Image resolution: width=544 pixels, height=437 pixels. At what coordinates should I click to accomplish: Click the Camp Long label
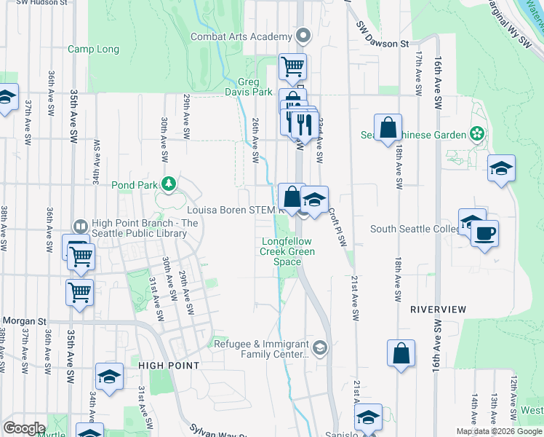pyautogui.click(x=93, y=50)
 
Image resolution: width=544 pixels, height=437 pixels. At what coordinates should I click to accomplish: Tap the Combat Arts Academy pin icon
pyautogui.click(x=303, y=36)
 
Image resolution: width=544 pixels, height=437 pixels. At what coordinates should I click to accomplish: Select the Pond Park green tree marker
pyautogui.click(x=169, y=184)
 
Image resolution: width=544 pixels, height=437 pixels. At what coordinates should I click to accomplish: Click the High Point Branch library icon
pyautogui.click(x=81, y=227)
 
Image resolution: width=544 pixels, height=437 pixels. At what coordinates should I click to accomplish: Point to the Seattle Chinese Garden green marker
pyautogui.click(x=476, y=134)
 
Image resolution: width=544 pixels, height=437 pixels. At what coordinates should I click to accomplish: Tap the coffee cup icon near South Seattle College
pyautogui.click(x=484, y=234)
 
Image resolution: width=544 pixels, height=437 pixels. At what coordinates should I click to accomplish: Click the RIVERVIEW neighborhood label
pyautogui.click(x=437, y=309)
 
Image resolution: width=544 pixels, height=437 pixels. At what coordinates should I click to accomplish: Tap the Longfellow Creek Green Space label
pyautogui.click(x=287, y=251)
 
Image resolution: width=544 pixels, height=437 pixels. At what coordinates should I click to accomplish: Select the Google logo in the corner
pyautogui.click(x=24, y=428)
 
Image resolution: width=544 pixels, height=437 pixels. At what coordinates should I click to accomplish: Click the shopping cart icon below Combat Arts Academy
pyautogui.click(x=292, y=66)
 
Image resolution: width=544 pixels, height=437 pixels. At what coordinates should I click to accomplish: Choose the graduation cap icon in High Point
pyautogui.click(x=109, y=376)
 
